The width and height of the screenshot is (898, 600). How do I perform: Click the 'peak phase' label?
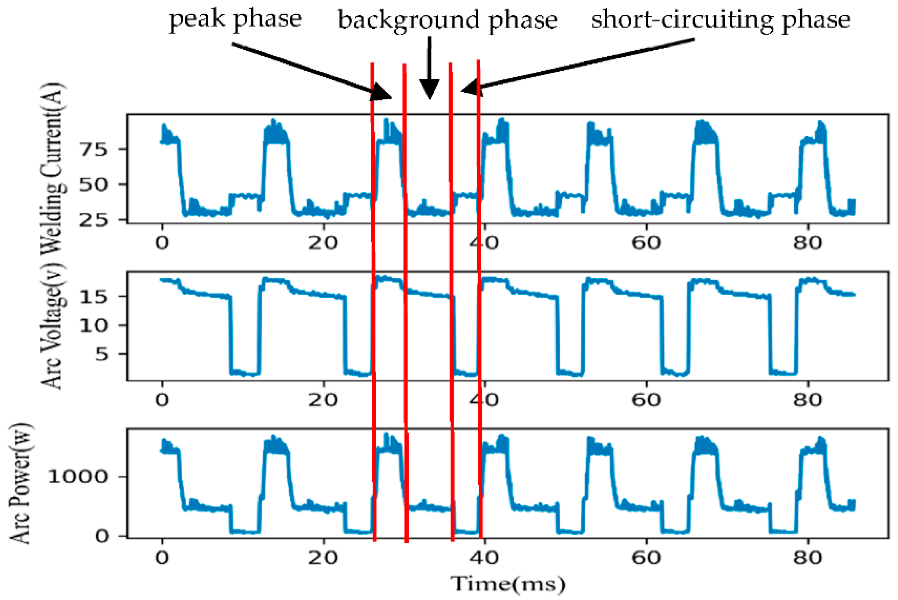(x=235, y=19)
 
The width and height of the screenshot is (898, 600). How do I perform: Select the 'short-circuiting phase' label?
(x=720, y=20)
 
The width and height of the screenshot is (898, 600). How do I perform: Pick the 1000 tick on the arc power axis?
(x=78, y=477)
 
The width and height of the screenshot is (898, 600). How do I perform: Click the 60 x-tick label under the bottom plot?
(x=646, y=558)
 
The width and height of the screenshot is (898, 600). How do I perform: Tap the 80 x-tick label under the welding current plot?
(x=808, y=243)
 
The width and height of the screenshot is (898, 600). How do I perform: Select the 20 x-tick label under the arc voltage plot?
(x=323, y=400)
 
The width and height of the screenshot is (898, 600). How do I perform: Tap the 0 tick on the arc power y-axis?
(x=102, y=536)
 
